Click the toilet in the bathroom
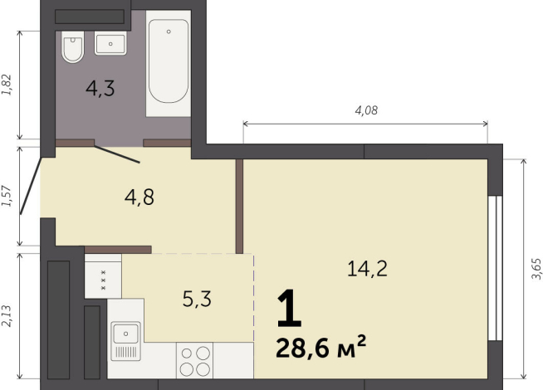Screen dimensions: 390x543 click(x=72, y=49)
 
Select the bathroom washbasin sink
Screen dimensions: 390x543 click(x=110, y=43)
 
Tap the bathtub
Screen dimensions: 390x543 click(x=168, y=63)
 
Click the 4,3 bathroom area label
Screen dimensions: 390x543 click(x=100, y=88)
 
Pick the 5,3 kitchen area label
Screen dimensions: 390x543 click(x=197, y=299)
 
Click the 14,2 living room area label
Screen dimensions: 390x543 click(x=367, y=268)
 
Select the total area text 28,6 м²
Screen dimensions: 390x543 click(x=320, y=347)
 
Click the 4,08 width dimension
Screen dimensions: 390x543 click(x=365, y=110)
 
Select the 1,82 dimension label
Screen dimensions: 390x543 click(x=7, y=85)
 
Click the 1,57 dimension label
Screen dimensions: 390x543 click(x=7, y=197)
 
